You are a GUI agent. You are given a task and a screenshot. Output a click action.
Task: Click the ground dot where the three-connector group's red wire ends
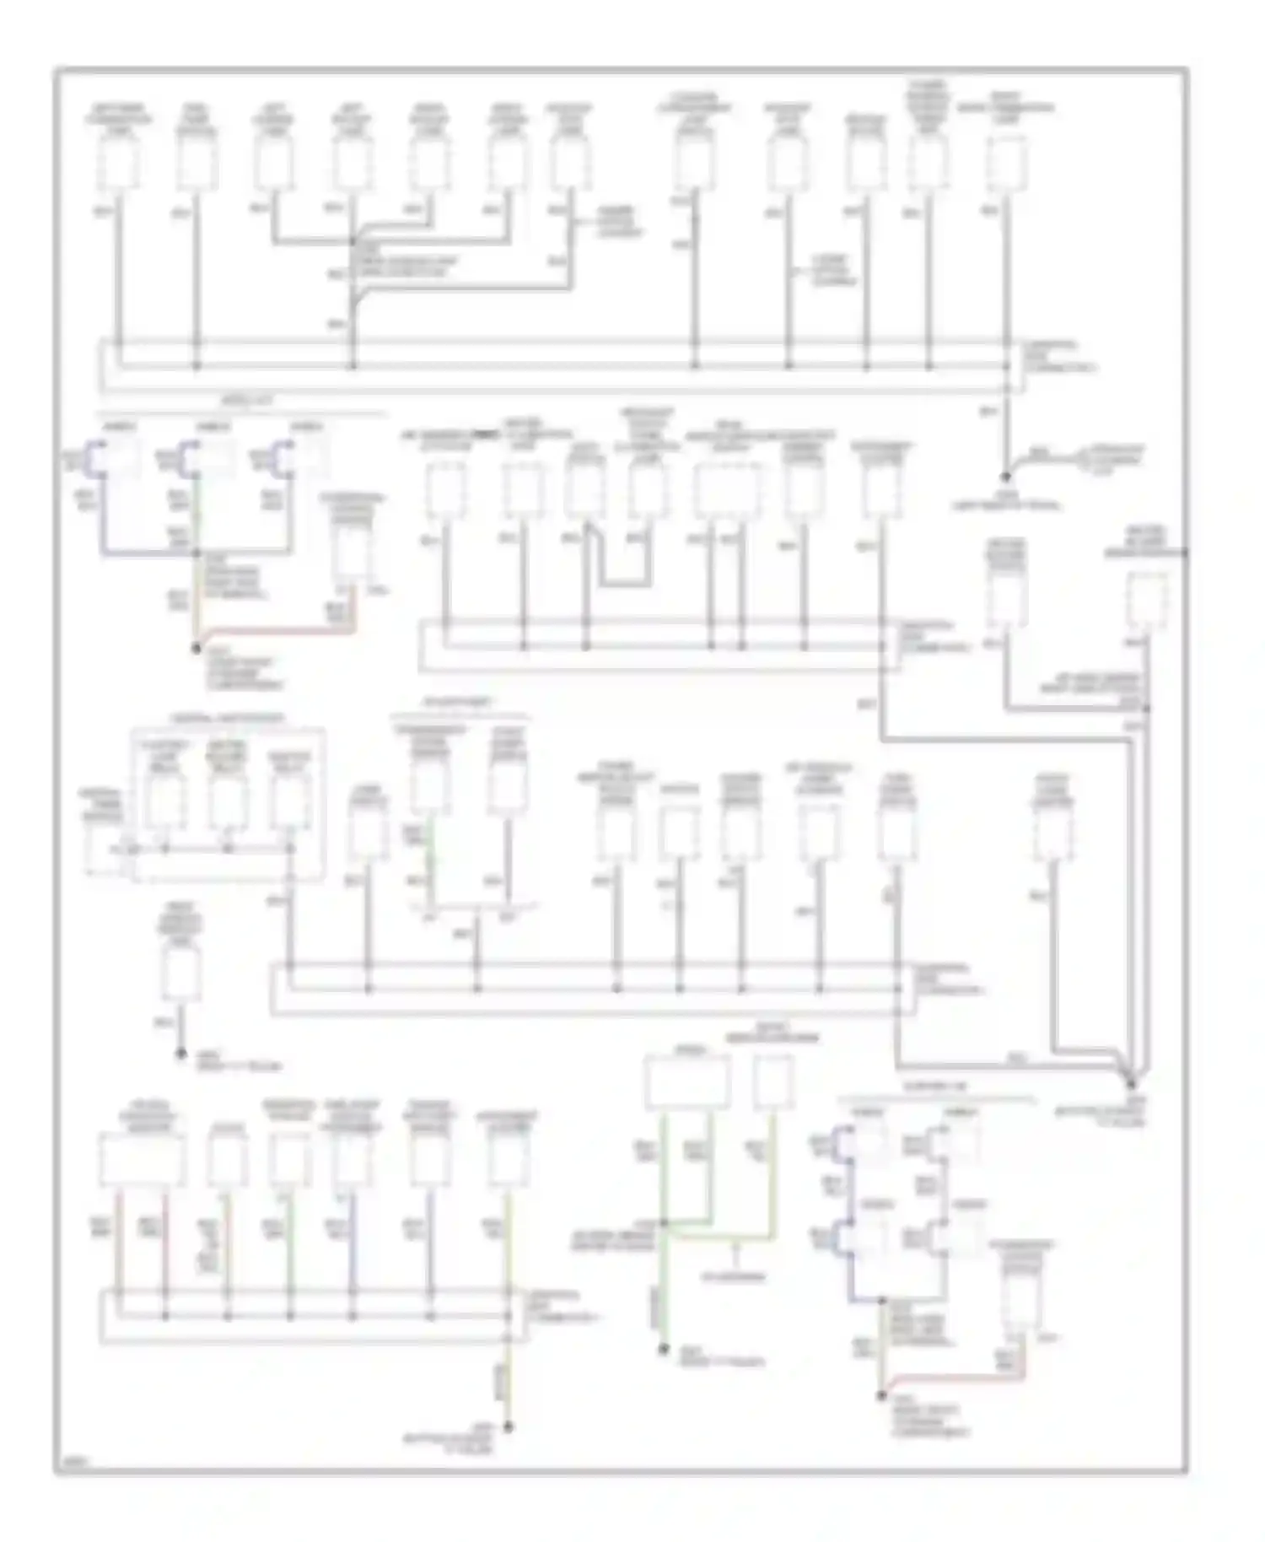pyautogui.click(x=196, y=648)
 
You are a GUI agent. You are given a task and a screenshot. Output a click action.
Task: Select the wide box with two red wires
pyautogui.click(x=142, y=1160)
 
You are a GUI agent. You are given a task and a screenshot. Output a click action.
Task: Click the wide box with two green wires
pyautogui.click(x=687, y=1082)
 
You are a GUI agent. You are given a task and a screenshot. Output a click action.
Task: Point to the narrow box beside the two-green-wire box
pyautogui.click(x=772, y=1082)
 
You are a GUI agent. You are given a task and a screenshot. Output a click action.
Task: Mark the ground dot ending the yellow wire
pyautogui.click(x=508, y=1428)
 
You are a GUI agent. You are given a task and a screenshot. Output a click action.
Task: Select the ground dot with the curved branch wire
pyautogui.click(x=1006, y=477)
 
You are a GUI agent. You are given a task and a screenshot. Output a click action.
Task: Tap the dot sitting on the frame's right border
pyautogui.click(x=1185, y=553)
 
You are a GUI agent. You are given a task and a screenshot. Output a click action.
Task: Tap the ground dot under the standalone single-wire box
pyautogui.click(x=180, y=1054)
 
